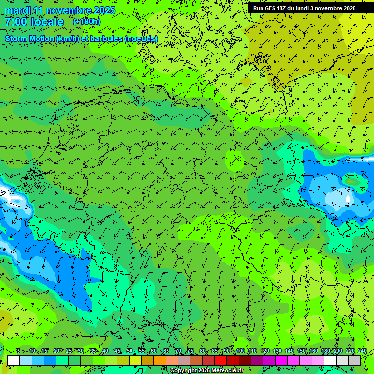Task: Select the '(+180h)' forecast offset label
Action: click(86, 21)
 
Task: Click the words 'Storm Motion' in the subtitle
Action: click(30, 38)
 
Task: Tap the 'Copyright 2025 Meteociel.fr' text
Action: click(206, 371)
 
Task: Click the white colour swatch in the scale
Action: click(14, 361)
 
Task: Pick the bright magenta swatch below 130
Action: click(282, 361)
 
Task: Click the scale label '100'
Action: click(241, 351)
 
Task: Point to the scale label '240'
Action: click(362, 351)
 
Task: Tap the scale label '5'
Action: click(18, 351)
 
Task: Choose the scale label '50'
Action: click(129, 351)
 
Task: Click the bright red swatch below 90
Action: click(221, 361)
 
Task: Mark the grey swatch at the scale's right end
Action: click(355, 361)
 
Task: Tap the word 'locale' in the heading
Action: click(47, 22)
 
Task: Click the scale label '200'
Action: click(338, 351)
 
